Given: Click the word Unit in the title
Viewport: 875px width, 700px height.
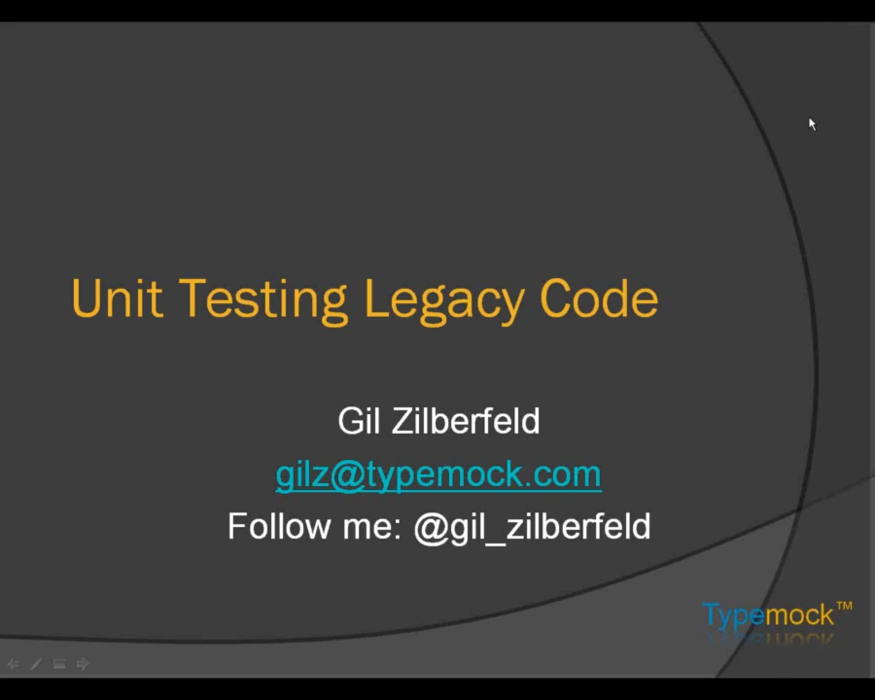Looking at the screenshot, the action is (117, 298).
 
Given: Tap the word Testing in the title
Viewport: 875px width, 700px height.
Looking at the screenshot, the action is (263, 302).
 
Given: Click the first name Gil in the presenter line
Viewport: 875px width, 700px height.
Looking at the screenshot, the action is (359, 421).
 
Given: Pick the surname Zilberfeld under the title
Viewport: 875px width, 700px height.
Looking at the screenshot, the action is (466, 421).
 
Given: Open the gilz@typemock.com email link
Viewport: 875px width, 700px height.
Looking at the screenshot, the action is (438, 475).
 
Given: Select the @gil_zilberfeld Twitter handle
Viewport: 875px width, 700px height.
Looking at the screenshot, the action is (532, 528).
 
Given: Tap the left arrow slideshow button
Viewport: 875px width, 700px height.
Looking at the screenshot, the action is (13, 664).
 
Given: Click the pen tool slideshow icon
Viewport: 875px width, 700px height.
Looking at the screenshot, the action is (36, 664).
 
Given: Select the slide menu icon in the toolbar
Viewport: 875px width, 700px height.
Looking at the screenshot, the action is (59, 664).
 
